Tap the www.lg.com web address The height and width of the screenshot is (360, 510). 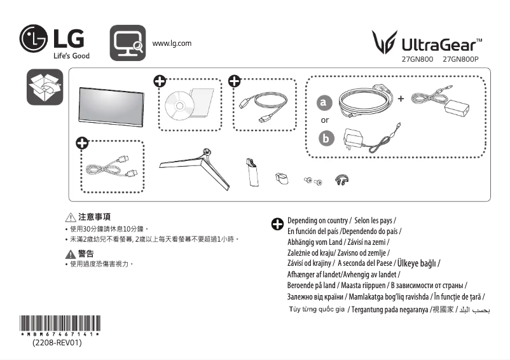pos(172,43)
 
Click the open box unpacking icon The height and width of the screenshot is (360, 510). pos(45,88)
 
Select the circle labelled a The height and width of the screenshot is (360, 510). pos(325,102)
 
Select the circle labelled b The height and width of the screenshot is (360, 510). pos(325,137)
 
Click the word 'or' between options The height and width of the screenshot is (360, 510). pos(325,120)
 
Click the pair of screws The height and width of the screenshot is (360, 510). pos(312,181)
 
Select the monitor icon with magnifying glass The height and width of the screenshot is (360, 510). pos(128,43)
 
